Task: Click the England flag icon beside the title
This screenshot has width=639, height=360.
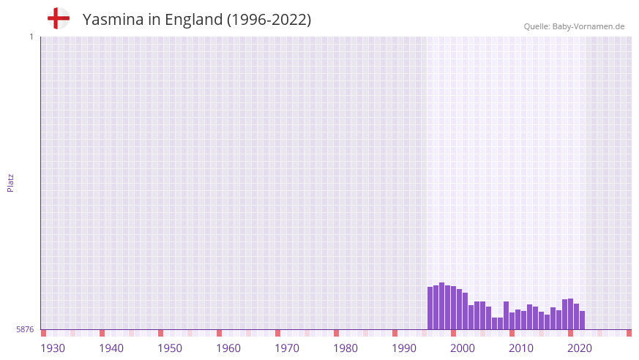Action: coord(58,18)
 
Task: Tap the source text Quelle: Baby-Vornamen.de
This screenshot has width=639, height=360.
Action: coord(574,26)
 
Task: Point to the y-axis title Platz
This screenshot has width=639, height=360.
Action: coord(10,182)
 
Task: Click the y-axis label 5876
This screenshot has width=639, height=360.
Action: coord(25,330)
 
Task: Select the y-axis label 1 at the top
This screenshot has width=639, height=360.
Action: coord(31,37)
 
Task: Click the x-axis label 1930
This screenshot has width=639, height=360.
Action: coord(53,348)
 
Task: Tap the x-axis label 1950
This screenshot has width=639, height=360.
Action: coord(170,348)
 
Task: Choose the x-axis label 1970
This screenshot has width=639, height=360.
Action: coord(287,348)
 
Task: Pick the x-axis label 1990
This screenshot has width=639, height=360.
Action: coord(404,348)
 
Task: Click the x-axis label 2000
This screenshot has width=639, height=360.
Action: coord(463,348)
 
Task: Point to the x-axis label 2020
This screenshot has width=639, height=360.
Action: coord(580,348)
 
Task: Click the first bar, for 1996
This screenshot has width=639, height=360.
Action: coord(430,308)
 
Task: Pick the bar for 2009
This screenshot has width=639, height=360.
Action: coord(506,315)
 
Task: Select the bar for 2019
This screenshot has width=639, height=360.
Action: coord(564,314)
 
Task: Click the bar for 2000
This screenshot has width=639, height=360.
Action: coord(454,308)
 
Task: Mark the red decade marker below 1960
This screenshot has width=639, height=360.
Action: coord(219,333)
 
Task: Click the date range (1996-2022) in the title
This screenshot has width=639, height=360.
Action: coord(269,20)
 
